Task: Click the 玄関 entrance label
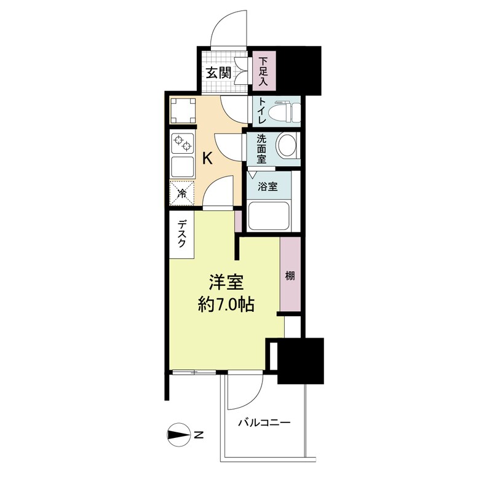click(218, 73)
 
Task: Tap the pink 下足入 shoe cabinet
click(264, 71)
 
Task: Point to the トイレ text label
click(263, 111)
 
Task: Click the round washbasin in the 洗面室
click(287, 145)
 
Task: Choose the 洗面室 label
click(261, 149)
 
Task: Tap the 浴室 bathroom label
click(268, 187)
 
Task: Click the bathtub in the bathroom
click(268, 216)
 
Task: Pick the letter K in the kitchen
click(207, 158)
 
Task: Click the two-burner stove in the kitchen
click(183, 143)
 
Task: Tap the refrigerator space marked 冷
click(182, 194)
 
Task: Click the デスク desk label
click(181, 234)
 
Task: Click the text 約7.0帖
click(226, 304)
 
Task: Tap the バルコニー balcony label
click(264, 423)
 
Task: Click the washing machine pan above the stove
click(183, 111)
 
